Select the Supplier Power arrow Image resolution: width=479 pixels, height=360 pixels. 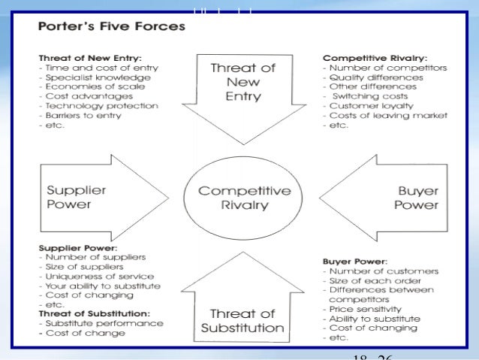pos(90,197)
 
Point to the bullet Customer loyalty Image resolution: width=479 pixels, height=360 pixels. pos(367,106)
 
